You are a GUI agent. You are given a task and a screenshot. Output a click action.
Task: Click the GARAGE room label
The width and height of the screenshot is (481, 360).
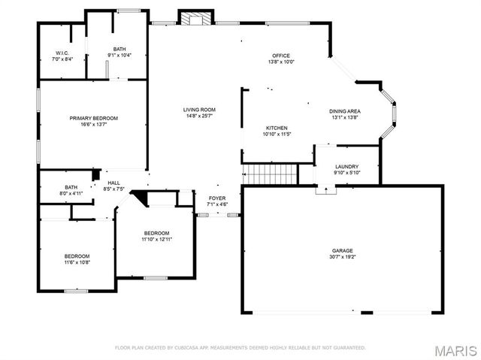[x=343, y=250]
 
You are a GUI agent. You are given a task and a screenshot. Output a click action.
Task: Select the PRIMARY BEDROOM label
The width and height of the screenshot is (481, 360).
[x=94, y=118]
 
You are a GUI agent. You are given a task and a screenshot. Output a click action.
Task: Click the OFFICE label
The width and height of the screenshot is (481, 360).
[x=281, y=56]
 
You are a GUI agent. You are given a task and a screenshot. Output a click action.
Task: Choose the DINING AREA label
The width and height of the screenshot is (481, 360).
[x=345, y=110]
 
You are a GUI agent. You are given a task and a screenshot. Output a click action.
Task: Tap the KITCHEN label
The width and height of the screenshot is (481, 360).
[x=277, y=128]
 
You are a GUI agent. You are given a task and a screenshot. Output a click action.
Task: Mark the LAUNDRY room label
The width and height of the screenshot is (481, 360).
[x=346, y=167]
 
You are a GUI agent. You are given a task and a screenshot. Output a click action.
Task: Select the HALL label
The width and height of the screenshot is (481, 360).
[x=113, y=183]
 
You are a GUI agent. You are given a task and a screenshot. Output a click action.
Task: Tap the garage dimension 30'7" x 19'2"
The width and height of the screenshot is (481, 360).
[x=343, y=257]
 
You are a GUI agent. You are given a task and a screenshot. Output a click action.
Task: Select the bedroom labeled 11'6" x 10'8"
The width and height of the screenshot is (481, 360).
[x=77, y=259]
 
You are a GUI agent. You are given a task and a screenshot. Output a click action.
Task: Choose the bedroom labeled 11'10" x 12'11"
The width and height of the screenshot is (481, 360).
[x=157, y=236]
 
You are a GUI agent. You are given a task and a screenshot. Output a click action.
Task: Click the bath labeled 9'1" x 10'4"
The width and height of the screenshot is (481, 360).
[x=119, y=53]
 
